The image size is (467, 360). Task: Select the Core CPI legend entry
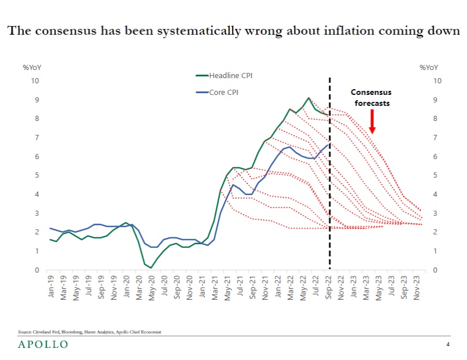226,91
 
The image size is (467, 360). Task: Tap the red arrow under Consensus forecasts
372,122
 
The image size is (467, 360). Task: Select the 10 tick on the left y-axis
35,80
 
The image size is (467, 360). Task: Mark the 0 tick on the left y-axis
37,270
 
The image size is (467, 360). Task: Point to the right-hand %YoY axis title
429,68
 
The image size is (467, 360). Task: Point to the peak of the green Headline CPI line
308,98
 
